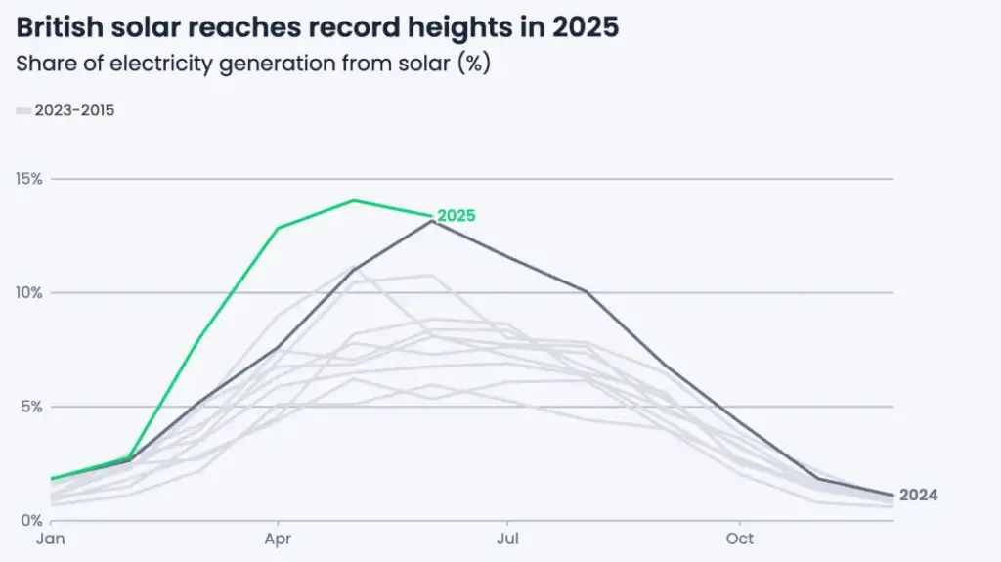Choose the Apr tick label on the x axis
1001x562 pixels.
point(279,539)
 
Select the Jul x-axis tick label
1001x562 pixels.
point(507,539)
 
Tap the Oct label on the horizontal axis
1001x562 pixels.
point(739,539)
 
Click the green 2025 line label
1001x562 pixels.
point(457,216)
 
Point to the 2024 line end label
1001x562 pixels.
point(918,496)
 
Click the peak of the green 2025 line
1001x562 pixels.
point(354,200)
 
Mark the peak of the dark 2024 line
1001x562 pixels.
point(432,221)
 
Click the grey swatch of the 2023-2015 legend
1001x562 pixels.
point(23,111)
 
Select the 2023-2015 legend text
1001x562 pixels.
point(74,110)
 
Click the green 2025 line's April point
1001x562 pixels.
point(279,229)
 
